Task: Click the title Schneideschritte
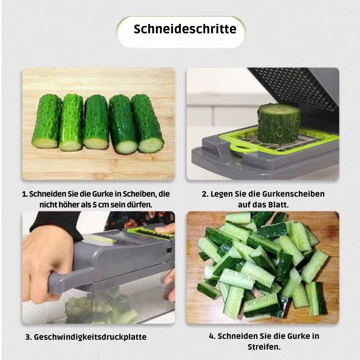(x=184, y=30)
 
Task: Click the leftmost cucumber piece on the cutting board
(x=46, y=121)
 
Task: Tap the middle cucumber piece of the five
(x=96, y=122)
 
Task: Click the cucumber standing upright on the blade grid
(x=279, y=123)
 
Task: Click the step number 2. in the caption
(x=205, y=194)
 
